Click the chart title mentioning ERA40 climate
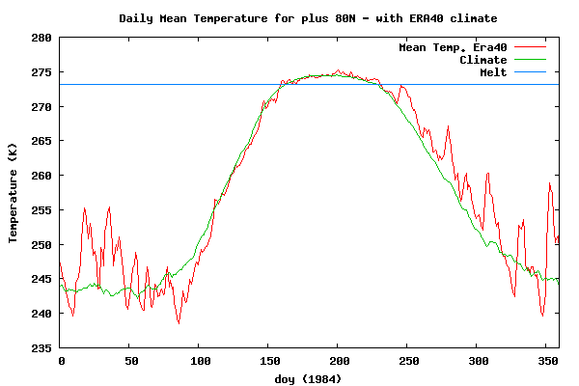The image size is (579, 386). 309,18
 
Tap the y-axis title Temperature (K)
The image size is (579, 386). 14,193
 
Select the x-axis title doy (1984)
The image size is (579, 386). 309,378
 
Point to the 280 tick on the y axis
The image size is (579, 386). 41,38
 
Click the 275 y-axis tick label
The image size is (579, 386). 41,72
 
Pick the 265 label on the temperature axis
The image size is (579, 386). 41,141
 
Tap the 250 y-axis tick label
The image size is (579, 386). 41,244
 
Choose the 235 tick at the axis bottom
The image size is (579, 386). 41,347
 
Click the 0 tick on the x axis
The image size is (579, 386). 60,361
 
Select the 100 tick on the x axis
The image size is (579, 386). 199,361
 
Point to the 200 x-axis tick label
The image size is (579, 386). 337,361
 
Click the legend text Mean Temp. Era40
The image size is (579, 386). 453,47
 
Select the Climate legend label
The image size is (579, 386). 482,60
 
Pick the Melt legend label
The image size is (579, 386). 492,72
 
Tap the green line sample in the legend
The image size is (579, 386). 531,60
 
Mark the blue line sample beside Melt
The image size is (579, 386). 531,72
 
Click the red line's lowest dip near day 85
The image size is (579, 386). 179,322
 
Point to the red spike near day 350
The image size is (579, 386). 549,183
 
